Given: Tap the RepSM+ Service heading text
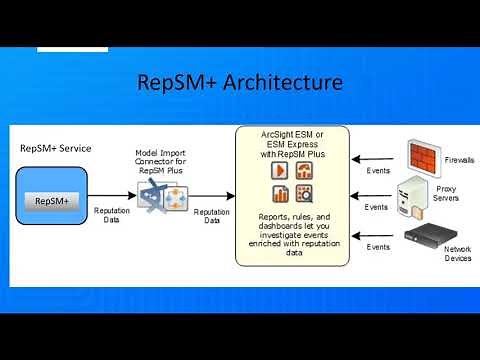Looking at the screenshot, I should click(56, 148).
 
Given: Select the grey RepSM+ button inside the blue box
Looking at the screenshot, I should click(51, 201).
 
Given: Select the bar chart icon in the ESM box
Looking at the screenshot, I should click(280, 193).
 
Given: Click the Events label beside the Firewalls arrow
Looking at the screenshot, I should click(377, 171).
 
